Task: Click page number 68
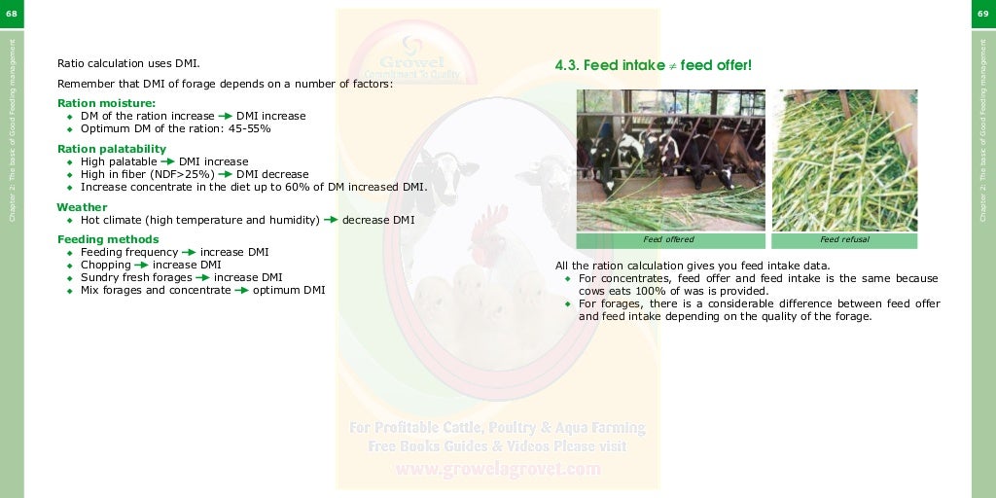12,13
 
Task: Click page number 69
983,13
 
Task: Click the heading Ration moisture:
106,103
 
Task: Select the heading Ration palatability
112,149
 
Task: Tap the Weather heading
82,207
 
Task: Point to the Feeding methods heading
108,239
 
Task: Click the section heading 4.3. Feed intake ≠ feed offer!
653,65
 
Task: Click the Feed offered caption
669,239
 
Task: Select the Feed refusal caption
844,239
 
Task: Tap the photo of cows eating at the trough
671,160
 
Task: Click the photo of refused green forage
844,160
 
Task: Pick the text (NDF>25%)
183,175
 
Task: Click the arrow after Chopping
142,265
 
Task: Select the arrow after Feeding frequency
190,252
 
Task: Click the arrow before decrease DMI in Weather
331,220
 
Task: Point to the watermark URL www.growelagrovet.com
497,469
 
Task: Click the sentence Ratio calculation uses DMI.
128,63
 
